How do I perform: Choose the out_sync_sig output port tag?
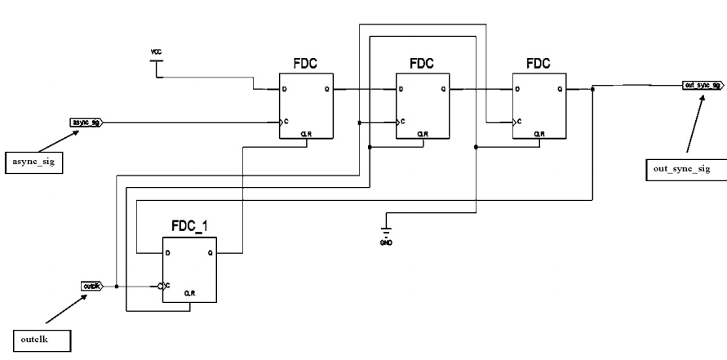[x=702, y=86]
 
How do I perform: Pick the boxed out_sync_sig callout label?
[x=676, y=169]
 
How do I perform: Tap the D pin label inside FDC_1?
[x=167, y=253]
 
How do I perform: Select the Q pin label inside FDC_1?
[x=210, y=253]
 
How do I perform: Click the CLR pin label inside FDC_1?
[x=188, y=292]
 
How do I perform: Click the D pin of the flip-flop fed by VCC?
[x=284, y=89]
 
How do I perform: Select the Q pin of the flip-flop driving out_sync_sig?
[x=560, y=89]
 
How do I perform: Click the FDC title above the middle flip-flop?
[x=422, y=62]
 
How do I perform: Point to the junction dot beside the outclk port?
[x=117, y=286]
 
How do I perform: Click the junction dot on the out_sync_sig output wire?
[x=592, y=89]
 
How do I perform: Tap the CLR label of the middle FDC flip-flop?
[x=422, y=134]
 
